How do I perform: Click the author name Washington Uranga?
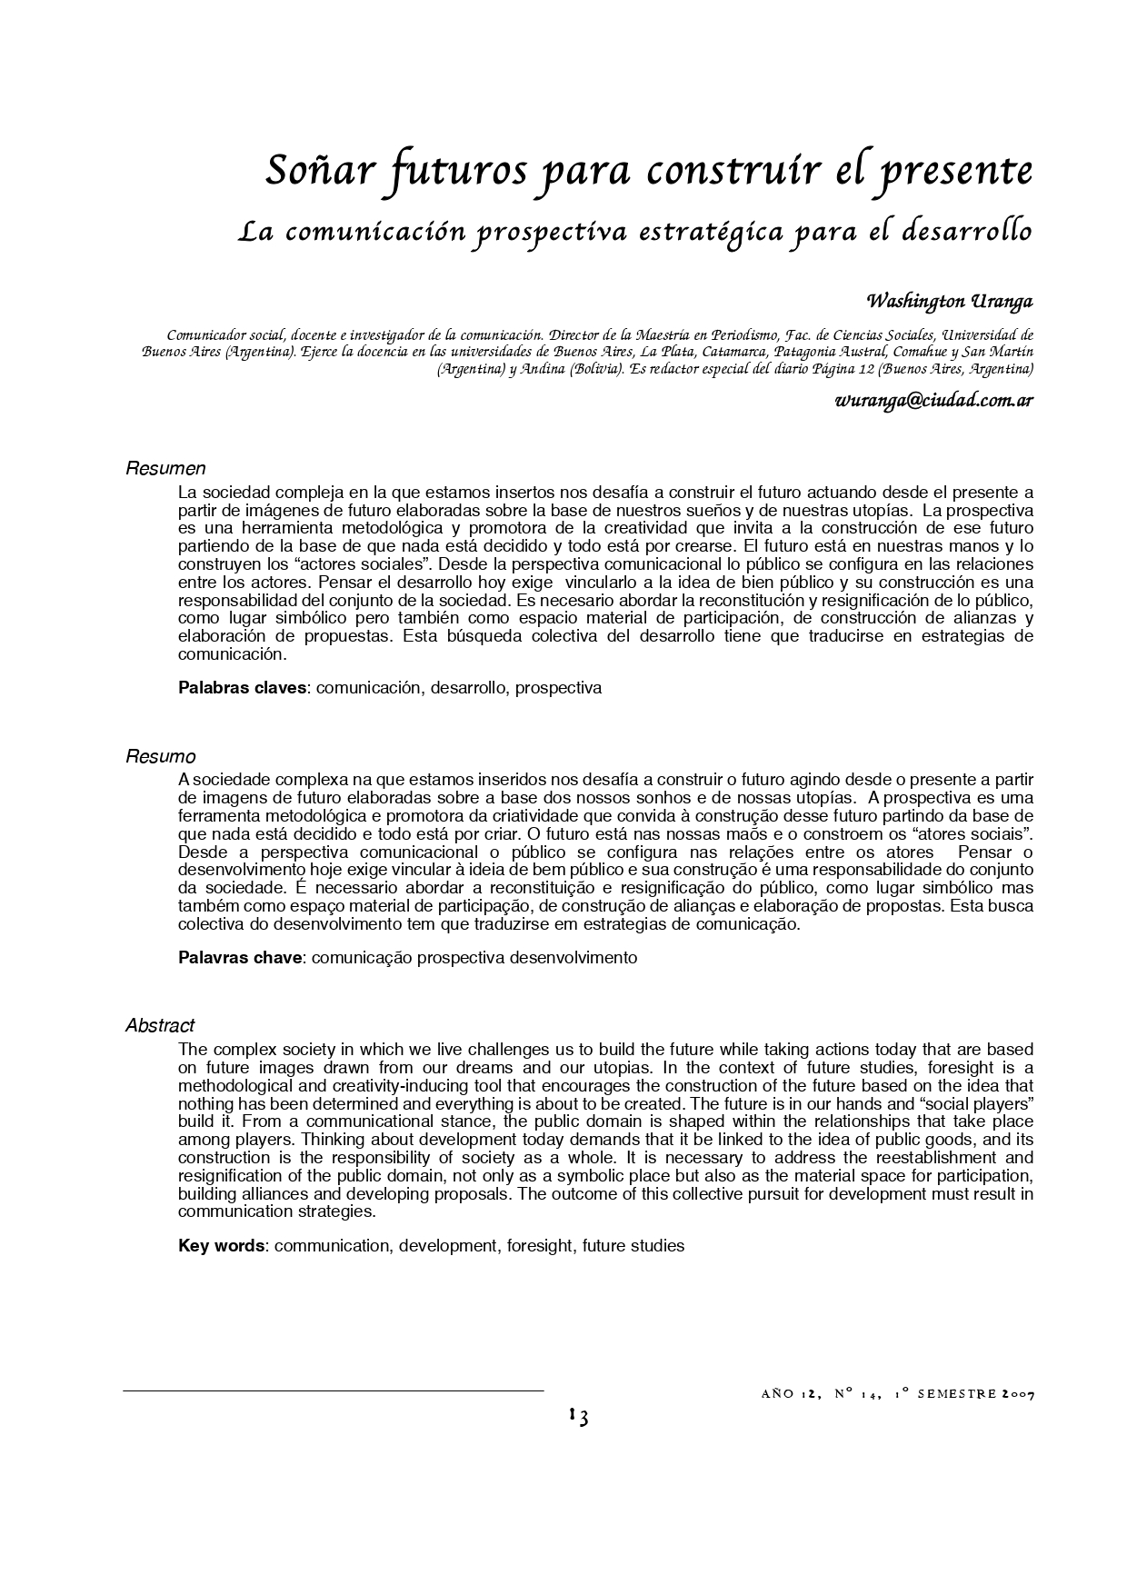click(x=950, y=301)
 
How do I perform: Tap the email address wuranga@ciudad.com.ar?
click(x=934, y=400)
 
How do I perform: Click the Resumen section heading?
click(x=165, y=469)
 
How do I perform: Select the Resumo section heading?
click(x=160, y=756)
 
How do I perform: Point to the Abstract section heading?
click(x=160, y=1025)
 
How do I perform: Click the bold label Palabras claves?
click(x=243, y=688)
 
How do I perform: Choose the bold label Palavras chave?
click(x=241, y=957)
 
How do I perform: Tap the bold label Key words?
click(x=222, y=1245)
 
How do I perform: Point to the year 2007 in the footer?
click(x=1018, y=1394)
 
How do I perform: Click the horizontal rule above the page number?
click(x=333, y=1391)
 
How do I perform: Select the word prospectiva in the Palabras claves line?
click(x=558, y=688)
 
